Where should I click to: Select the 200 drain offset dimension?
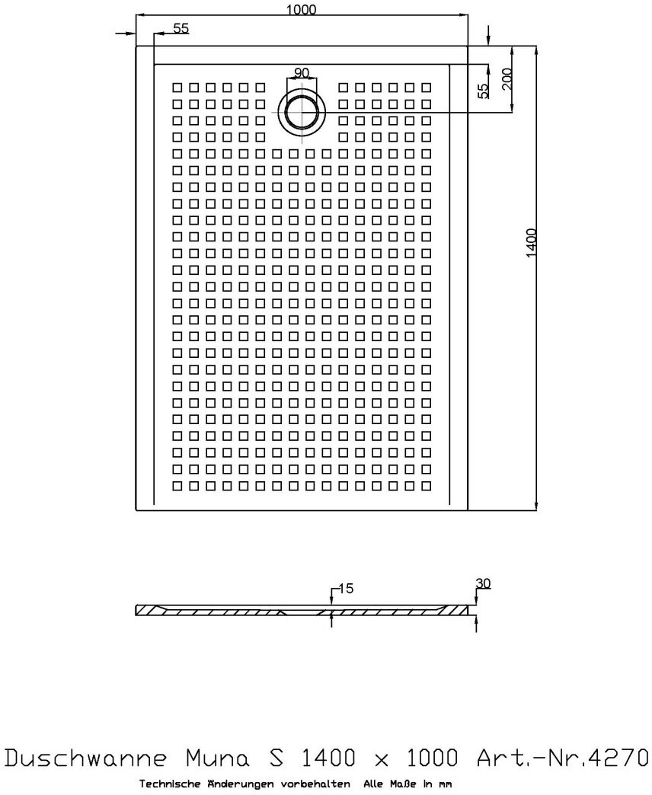click(x=507, y=78)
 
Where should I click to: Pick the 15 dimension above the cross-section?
click(x=346, y=589)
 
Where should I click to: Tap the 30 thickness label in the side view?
click(x=483, y=583)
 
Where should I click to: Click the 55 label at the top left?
click(x=181, y=28)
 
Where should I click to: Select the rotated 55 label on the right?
click(x=482, y=91)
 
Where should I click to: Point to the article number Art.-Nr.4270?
click(x=562, y=758)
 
